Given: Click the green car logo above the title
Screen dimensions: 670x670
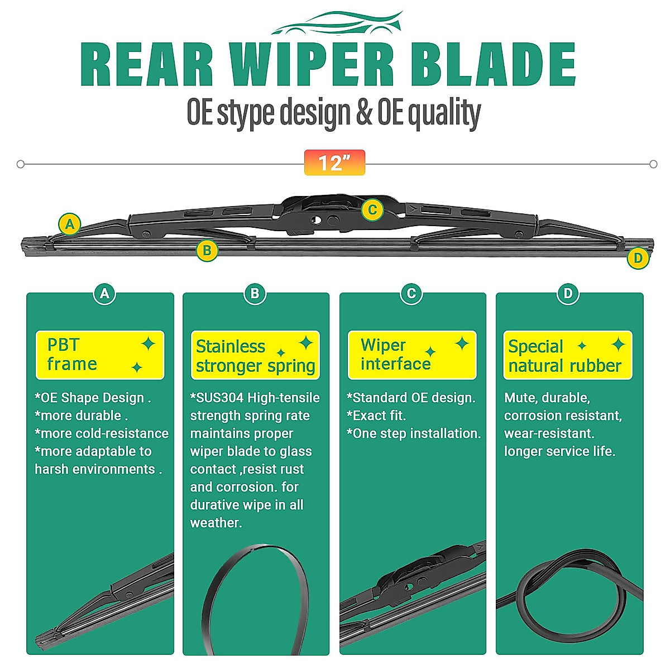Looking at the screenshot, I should [337, 23].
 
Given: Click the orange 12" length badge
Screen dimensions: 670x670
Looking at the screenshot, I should [334, 162].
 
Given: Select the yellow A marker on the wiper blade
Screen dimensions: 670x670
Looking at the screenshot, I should [70, 224].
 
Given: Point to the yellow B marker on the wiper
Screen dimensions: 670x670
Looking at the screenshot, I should [207, 250].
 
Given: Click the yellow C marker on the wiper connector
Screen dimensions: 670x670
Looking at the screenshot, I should [372, 210].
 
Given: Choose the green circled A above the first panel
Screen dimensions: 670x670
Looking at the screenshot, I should [104, 293].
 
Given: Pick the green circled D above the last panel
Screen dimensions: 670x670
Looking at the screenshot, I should [568, 293].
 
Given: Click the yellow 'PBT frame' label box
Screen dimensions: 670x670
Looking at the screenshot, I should [100, 355].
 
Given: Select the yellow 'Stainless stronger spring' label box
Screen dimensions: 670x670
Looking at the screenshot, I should [255, 356].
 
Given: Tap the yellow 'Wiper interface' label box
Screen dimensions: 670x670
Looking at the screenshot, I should [412, 355].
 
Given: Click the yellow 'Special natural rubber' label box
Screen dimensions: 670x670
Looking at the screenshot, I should [568, 356].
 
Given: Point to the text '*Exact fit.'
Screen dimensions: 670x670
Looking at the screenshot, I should [376, 415].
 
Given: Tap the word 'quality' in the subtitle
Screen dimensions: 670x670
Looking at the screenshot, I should [444, 113].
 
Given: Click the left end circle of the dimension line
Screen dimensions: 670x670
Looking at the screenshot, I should [21, 164].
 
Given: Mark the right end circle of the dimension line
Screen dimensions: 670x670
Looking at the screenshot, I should [653, 164].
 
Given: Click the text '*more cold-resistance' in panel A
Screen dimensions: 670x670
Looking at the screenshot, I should [102, 433].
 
